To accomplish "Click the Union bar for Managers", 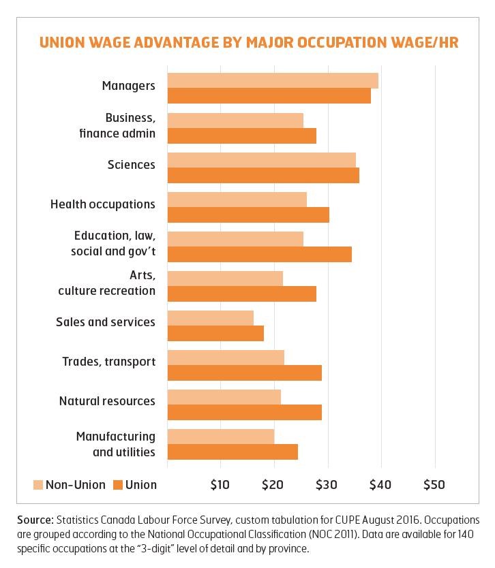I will (x=269, y=96).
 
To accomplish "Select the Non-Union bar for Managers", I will (x=273, y=80).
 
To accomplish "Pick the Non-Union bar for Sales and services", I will (x=210, y=318).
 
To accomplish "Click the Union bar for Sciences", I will (x=263, y=175).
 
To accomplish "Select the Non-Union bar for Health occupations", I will (x=237, y=200).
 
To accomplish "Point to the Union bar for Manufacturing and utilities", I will (x=232, y=452).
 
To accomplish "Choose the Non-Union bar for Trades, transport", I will (x=226, y=358).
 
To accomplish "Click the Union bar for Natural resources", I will (x=244, y=412).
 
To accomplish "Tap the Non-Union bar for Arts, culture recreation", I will (x=225, y=279).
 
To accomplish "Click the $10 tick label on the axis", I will (x=220, y=485).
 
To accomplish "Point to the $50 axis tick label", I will (x=434, y=485).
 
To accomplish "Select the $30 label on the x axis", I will (x=327, y=485).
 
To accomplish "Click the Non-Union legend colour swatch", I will (x=38, y=485).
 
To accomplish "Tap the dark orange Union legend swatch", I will (x=118, y=485).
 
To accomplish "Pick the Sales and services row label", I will (x=105, y=321).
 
